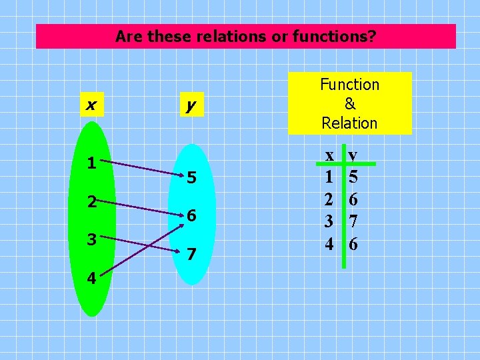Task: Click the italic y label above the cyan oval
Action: click(x=191, y=105)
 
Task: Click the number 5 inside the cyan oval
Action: click(x=191, y=178)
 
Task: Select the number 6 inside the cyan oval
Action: click(x=191, y=216)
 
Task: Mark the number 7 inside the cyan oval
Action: click(x=191, y=255)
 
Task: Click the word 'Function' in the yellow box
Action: click(x=349, y=85)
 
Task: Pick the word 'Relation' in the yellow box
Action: click(x=349, y=123)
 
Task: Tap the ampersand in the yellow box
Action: click(x=349, y=104)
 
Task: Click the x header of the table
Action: click(x=329, y=155)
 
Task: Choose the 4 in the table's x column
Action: click(x=329, y=244)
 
